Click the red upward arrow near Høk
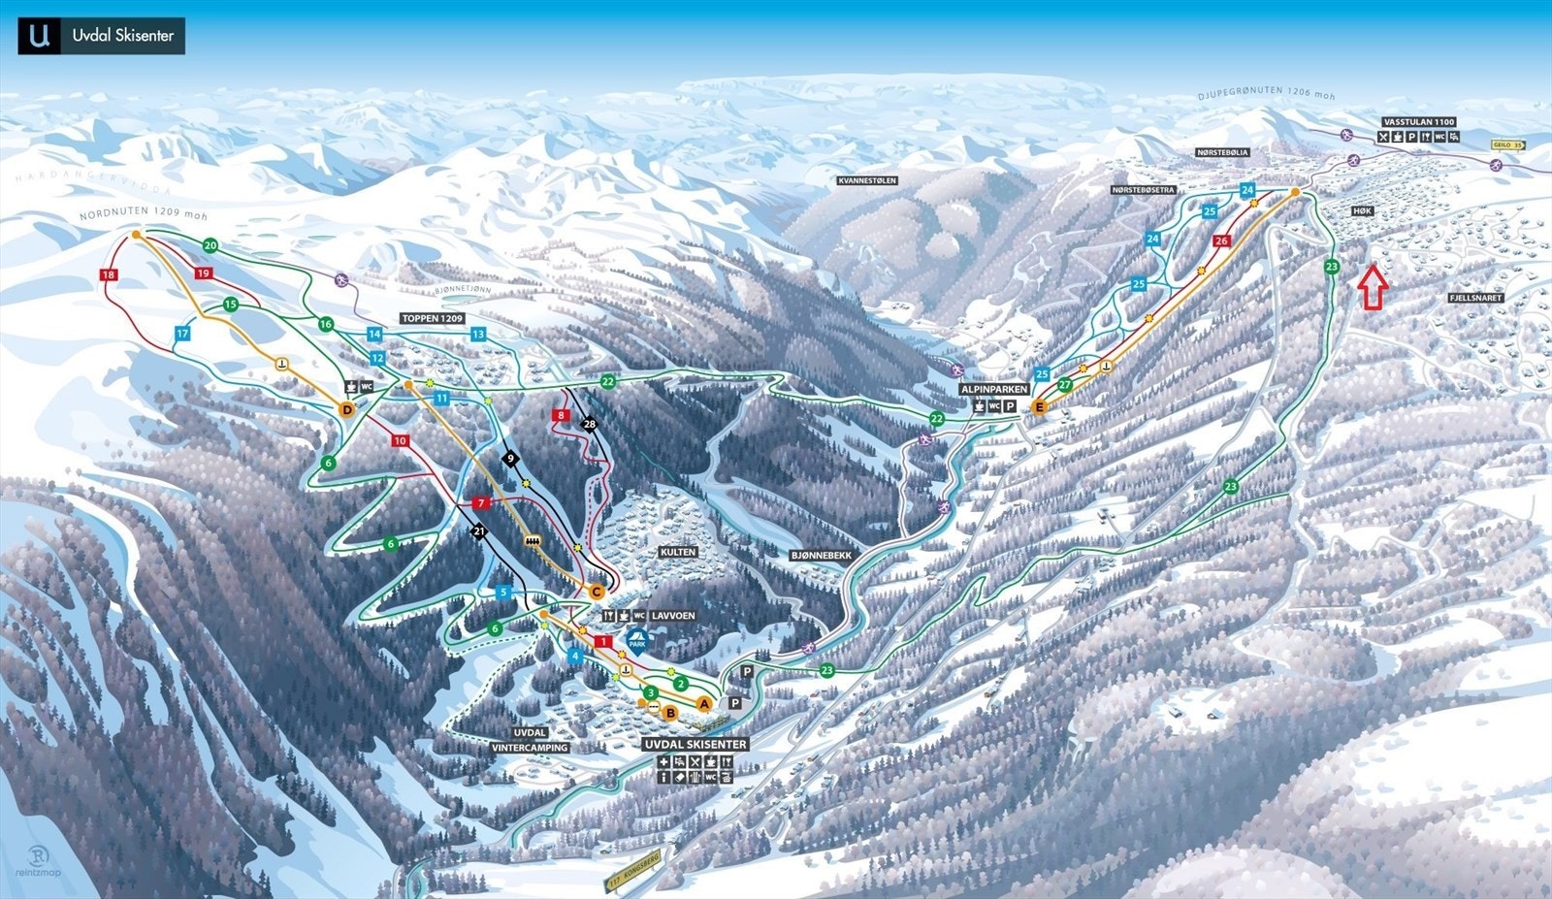point(1372,287)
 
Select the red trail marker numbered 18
point(108,275)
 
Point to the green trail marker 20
point(210,245)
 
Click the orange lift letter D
point(347,410)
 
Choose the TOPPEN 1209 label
point(432,318)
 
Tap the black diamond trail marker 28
point(590,424)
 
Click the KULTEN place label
point(678,552)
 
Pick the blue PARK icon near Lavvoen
point(637,640)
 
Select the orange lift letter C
point(597,592)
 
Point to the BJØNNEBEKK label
point(820,556)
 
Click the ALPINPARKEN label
point(993,389)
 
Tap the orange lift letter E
point(1040,407)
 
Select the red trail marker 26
point(1221,241)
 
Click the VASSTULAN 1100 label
point(1419,122)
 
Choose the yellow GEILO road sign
point(1507,144)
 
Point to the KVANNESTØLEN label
point(867,180)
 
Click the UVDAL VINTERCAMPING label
point(530,740)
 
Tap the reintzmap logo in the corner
point(38,861)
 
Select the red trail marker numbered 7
point(480,503)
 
